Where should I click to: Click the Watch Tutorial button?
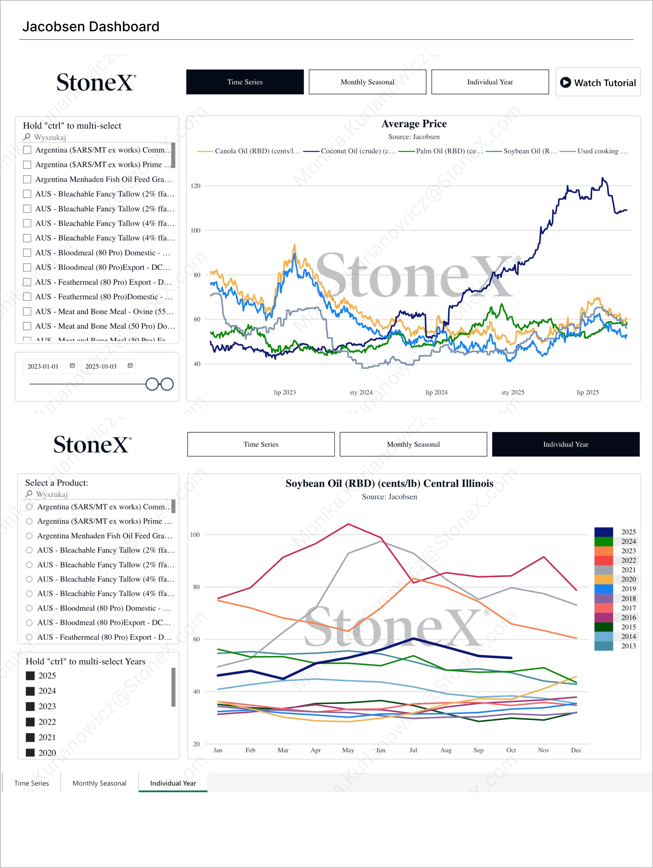[598, 82]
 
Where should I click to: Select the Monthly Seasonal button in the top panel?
[367, 82]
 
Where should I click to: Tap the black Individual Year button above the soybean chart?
[566, 444]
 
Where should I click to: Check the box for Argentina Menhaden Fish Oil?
[27, 179]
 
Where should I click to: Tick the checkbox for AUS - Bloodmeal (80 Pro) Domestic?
[27, 253]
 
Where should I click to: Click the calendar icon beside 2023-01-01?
[72, 366]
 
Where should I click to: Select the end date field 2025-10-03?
[101, 366]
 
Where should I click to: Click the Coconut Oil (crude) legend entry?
[350, 151]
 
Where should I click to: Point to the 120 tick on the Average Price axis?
[196, 186]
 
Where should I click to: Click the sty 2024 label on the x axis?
[361, 393]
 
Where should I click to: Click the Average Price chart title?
[414, 124]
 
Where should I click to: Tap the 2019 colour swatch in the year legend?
[604, 589]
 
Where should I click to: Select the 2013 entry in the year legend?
[628, 646]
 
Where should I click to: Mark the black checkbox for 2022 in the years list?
[30, 722]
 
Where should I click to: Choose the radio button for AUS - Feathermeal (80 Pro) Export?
[29, 637]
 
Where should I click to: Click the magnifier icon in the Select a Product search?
[29, 494]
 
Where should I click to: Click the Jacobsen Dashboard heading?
[91, 27]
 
